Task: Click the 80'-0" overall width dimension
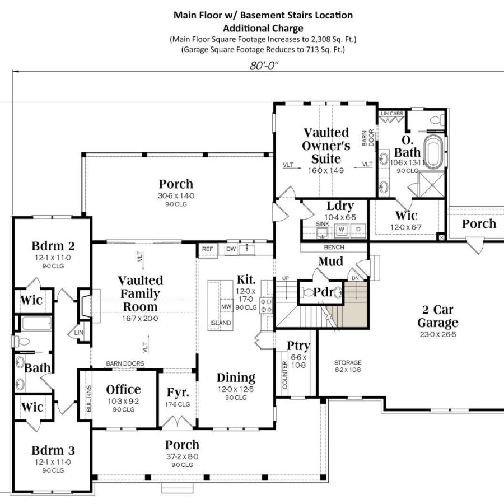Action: click(264, 66)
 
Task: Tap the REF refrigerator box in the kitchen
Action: click(208, 249)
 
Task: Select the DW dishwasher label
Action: click(231, 249)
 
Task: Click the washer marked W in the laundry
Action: click(342, 230)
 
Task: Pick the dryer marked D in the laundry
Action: click(358, 230)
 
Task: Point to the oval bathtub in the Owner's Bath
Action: click(433, 151)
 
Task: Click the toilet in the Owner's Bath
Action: click(437, 120)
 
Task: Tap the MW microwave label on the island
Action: click(226, 307)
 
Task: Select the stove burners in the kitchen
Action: click(266, 305)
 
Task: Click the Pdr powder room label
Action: click(323, 292)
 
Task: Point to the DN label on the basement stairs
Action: click(355, 278)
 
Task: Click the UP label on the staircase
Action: click(286, 278)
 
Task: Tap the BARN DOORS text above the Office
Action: click(125, 363)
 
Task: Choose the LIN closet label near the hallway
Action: click(79, 333)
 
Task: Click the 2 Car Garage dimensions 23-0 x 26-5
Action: click(438, 334)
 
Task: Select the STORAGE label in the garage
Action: click(348, 362)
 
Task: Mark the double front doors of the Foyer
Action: click(178, 422)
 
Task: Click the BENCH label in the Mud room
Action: click(334, 247)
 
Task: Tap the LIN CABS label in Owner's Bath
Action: click(392, 114)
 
